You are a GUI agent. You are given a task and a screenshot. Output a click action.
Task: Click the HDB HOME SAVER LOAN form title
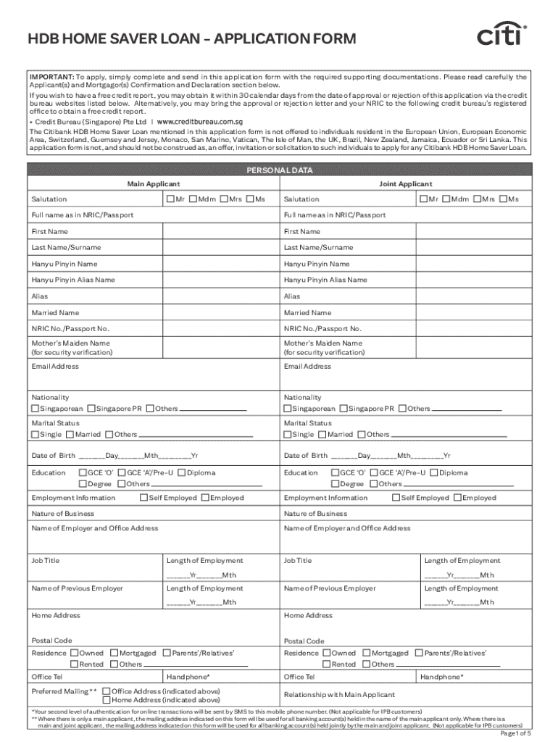pyautogui.click(x=192, y=39)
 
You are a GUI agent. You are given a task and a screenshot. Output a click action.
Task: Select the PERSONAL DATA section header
pyautogui.click(x=279, y=170)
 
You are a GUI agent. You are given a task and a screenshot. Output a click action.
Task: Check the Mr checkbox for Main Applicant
pyautogui.click(x=170, y=199)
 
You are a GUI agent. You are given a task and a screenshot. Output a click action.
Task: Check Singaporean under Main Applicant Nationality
pyautogui.click(x=36, y=409)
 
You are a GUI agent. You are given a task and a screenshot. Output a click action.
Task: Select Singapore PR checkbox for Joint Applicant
pyautogui.click(x=343, y=409)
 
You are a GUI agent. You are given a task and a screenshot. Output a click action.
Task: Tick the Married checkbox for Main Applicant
pyautogui.click(x=70, y=435)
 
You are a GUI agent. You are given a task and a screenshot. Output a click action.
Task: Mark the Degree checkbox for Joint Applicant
pyautogui.click(x=335, y=484)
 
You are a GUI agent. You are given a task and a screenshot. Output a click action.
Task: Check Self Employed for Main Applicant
pyautogui.click(x=143, y=498)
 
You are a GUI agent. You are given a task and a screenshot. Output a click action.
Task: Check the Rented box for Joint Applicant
pyautogui.click(x=326, y=664)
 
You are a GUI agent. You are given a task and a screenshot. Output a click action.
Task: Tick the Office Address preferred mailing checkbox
pyautogui.click(x=107, y=691)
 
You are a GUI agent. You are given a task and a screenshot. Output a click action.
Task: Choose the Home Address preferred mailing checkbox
pyautogui.click(x=107, y=700)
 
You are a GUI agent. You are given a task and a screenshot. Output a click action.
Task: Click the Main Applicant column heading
pyautogui.click(x=154, y=184)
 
